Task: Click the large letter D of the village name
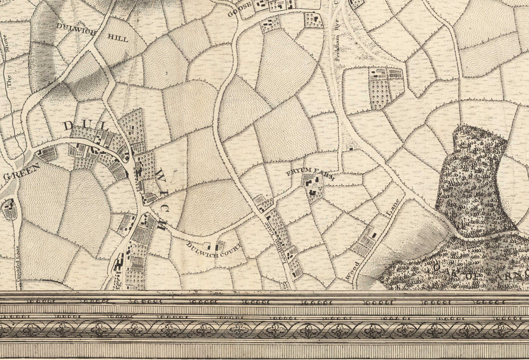pos(69,126)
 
